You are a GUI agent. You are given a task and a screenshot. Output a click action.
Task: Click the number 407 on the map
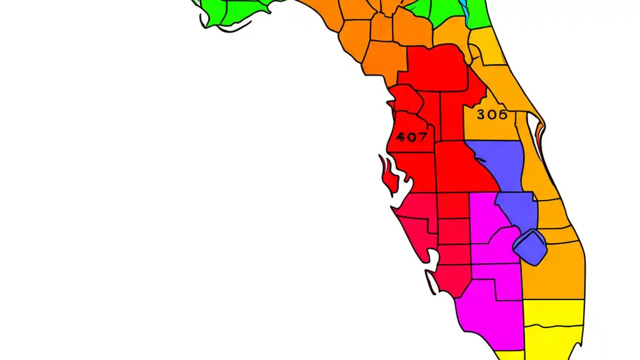411,136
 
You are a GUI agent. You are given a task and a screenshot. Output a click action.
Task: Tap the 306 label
492,114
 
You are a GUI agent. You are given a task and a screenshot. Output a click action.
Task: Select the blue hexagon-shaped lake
530,247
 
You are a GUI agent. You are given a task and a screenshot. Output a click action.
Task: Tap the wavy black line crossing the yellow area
552,327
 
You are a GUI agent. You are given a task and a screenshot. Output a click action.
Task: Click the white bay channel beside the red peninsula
403,190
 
